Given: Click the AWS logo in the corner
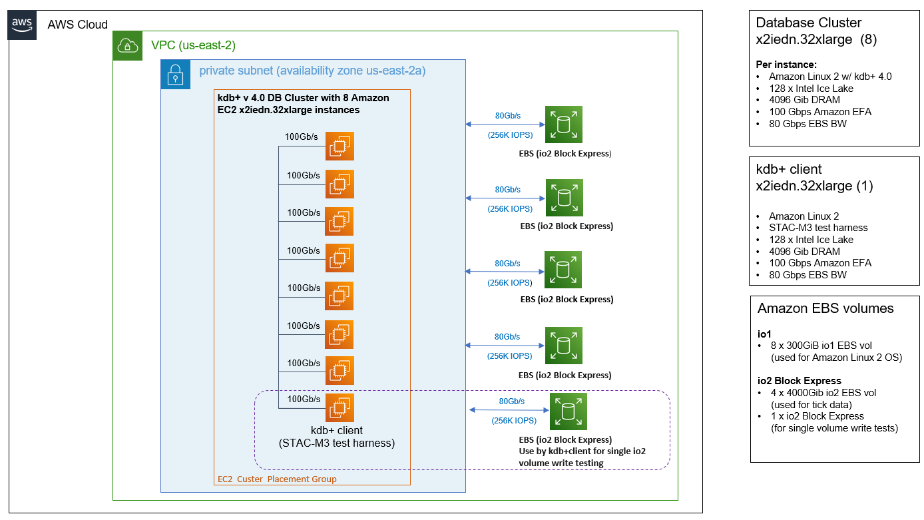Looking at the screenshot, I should click(23, 25).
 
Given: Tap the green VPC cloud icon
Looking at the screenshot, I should click(127, 46).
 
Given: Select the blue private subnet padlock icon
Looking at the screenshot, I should click(175, 75).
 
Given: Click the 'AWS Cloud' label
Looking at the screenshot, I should click(77, 25).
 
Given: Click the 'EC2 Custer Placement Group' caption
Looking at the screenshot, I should click(278, 479).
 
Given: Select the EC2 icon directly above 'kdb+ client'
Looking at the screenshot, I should click(340, 407).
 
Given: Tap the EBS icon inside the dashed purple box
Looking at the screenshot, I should click(569, 411).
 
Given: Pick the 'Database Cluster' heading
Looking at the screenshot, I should click(809, 23).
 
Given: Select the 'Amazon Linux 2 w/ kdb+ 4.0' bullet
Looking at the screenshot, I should click(829, 77).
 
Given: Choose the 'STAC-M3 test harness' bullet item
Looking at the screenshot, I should click(818, 228).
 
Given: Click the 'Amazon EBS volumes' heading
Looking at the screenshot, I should click(825, 308).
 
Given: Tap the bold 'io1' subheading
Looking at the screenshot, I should click(764, 334).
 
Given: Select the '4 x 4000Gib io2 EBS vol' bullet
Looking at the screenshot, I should click(822, 393).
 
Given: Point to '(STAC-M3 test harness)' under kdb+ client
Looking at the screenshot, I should click(338, 443).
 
